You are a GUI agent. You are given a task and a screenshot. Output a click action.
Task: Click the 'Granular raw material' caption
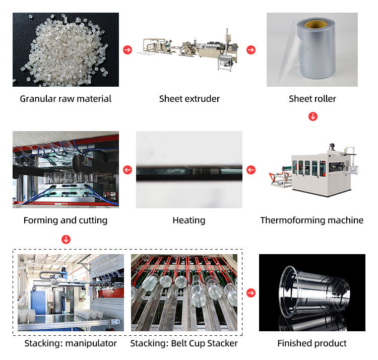(x=66, y=99)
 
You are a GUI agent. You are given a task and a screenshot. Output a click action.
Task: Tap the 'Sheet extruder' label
(x=190, y=99)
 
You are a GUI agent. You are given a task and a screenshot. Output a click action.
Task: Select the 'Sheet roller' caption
(x=312, y=99)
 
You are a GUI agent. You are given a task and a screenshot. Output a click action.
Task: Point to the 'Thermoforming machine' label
(x=312, y=220)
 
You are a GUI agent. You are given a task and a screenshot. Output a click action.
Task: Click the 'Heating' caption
(x=189, y=220)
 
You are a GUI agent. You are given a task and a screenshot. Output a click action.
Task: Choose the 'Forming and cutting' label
(x=66, y=220)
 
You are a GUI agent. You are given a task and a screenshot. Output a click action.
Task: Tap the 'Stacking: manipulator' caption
(x=71, y=343)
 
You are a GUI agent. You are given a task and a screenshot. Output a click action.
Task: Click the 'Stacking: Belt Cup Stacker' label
(x=184, y=343)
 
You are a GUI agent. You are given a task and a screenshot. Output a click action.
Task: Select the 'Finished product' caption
(x=312, y=343)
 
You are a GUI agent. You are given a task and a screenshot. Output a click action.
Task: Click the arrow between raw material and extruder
(x=128, y=50)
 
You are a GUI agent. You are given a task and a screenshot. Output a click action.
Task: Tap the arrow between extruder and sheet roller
(x=251, y=50)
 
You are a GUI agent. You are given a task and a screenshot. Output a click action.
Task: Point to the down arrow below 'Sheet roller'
(x=312, y=117)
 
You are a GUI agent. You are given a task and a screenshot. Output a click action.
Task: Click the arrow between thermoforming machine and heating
(x=251, y=170)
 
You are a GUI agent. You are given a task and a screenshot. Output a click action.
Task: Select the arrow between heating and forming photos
(x=128, y=170)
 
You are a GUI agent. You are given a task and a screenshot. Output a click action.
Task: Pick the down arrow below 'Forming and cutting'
(x=66, y=239)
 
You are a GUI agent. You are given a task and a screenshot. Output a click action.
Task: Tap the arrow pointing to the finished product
(x=251, y=293)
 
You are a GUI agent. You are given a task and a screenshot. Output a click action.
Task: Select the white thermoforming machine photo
(x=312, y=169)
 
